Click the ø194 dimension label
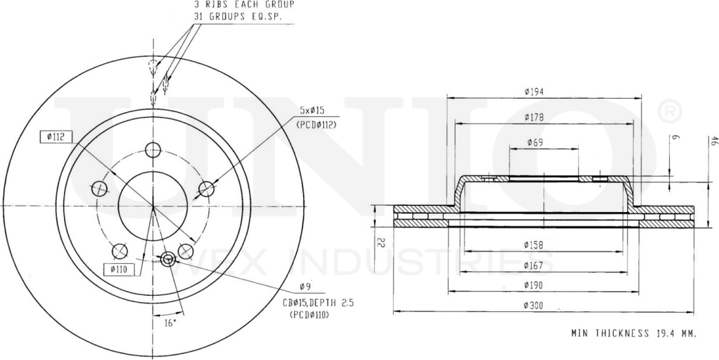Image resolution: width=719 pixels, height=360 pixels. tap(535, 91)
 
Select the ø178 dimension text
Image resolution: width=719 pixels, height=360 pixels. tap(535, 117)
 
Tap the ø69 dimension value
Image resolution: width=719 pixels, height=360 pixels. tap(535, 143)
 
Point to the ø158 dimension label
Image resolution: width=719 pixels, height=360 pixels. tap(535, 245)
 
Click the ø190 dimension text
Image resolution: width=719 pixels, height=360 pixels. tap(535, 285)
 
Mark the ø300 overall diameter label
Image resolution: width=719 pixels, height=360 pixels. tap(535, 305)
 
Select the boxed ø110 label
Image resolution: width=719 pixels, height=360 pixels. tap(118, 268)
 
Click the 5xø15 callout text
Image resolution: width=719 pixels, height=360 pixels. tap(312, 110)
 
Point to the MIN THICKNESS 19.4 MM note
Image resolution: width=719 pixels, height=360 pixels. tap(633, 333)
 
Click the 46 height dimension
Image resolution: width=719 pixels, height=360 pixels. tap(712, 141)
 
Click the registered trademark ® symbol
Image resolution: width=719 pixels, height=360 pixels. tap(670, 112)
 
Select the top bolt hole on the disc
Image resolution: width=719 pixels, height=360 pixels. tap(153, 150)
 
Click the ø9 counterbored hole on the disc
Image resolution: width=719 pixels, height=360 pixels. tap(166, 260)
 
